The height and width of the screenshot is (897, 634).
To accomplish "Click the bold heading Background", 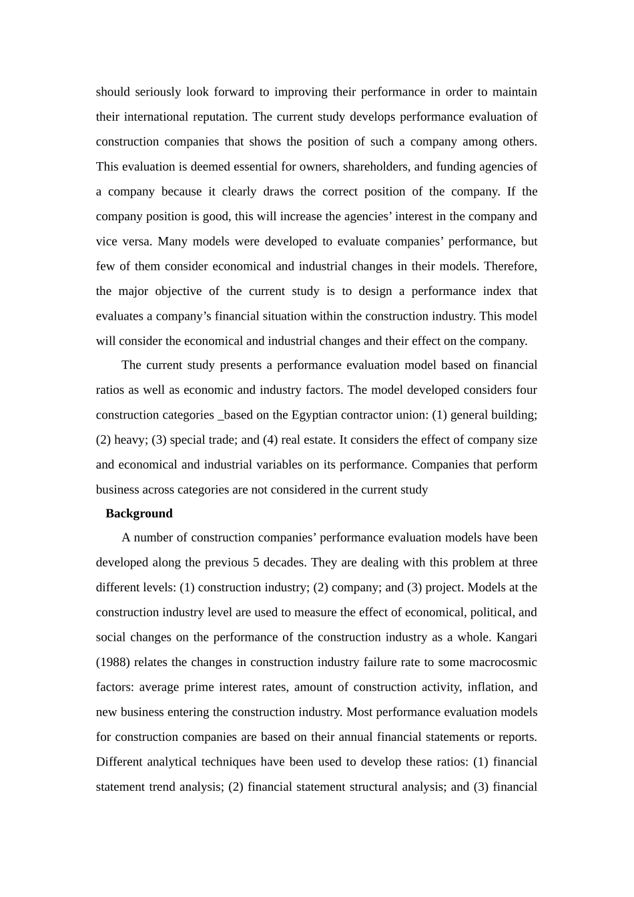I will [139, 513].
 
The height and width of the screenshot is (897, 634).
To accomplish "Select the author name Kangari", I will [517, 637].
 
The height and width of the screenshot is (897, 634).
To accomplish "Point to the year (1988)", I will [115, 662].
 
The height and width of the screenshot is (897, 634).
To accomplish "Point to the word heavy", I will [131, 440].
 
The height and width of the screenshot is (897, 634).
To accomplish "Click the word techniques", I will [229, 762].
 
